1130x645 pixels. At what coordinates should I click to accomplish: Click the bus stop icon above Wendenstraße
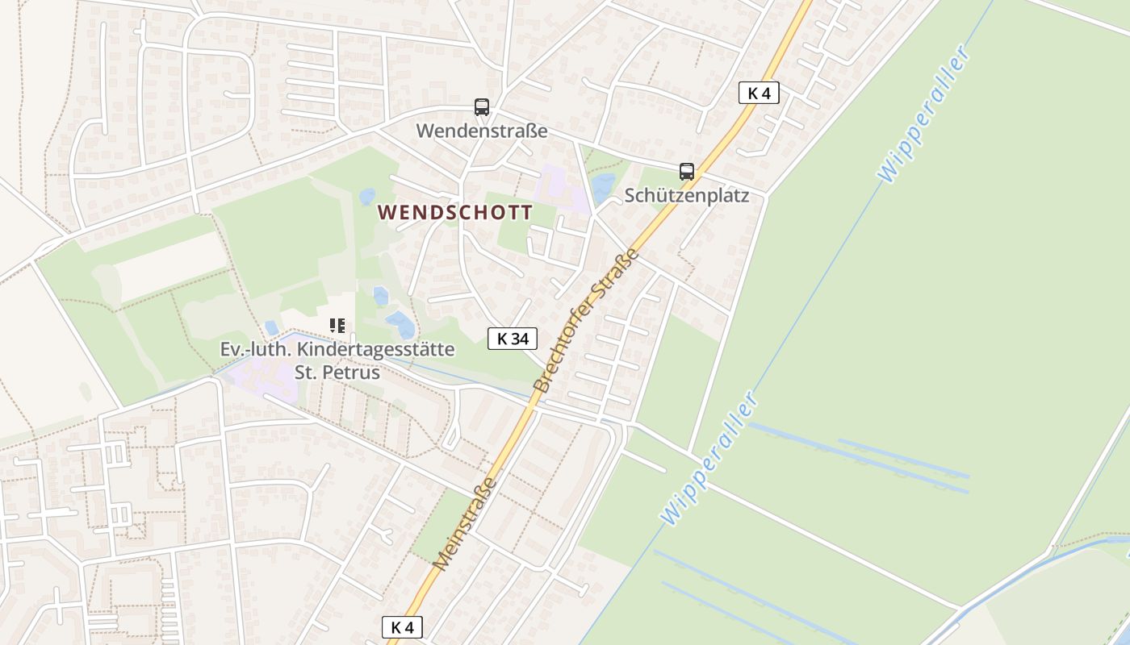(x=482, y=106)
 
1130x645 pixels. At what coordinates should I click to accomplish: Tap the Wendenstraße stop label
(x=482, y=131)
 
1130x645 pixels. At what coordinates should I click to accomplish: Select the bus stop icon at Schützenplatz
(x=687, y=171)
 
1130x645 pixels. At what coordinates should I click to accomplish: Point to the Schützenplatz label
(x=687, y=195)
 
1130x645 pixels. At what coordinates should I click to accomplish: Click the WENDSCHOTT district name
(x=455, y=213)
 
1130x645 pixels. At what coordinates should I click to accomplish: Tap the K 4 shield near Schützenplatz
(x=759, y=93)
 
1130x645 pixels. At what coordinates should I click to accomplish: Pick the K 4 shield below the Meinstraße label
(x=402, y=626)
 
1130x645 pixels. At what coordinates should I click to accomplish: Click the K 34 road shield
(x=513, y=339)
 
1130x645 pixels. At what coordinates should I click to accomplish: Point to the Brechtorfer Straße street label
(x=587, y=320)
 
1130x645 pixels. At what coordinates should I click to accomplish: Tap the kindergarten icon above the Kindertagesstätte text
(x=337, y=326)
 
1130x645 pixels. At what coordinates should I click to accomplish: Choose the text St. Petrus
(x=337, y=372)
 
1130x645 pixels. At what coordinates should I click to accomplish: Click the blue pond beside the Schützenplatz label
(x=603, y=188)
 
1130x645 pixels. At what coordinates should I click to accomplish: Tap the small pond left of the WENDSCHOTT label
(x=367, y=196)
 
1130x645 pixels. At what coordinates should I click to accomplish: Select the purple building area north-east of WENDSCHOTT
(x=563, y=187)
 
